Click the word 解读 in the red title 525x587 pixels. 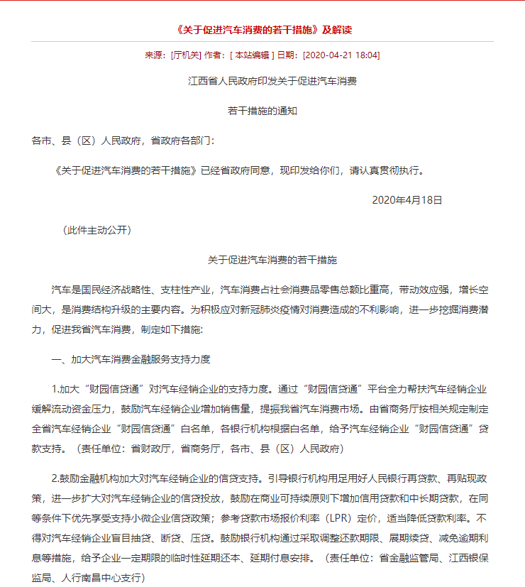343,30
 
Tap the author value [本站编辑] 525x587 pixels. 251,55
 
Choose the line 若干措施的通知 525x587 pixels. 262,111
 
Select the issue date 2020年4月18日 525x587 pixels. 407,201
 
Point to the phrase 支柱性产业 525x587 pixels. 187,290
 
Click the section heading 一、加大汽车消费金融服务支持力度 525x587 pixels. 131,360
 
